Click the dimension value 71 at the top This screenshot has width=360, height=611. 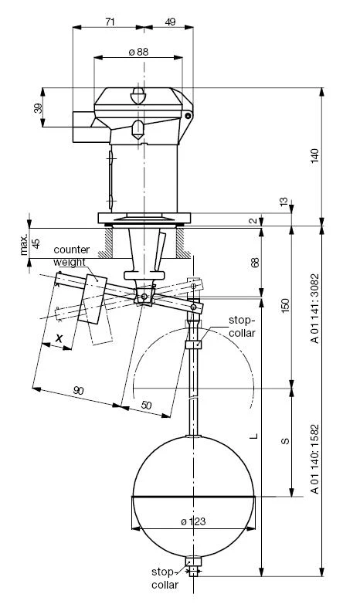coord(110,22)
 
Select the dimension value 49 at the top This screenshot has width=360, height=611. coord(170,22)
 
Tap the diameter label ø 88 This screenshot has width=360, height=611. coord(138,52)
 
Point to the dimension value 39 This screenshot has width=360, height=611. coord(38,107)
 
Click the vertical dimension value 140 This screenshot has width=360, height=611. coord(316,155)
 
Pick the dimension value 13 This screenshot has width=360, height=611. coord(284,202)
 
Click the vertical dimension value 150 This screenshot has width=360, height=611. coord(286,306)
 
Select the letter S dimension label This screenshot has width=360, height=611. coord(286,441)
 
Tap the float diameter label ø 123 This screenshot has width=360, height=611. coord(193,521)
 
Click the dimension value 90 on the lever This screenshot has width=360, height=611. coord(78,390)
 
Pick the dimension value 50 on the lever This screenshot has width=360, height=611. coord(146,406)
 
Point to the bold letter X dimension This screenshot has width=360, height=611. coord(59,338)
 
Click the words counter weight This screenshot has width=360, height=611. coord(71,256)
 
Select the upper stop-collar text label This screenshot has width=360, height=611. coord(242,327)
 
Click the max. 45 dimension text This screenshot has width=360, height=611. coord(30,244)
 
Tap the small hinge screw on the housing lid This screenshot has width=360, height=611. coord(188,116)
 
